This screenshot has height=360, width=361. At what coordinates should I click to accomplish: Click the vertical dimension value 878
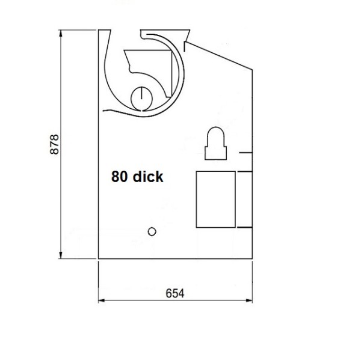[x=54, y=145]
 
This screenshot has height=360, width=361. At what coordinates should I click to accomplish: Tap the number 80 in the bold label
[x=118, y=177]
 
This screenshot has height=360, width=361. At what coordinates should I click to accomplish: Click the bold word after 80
[x=147, y=177]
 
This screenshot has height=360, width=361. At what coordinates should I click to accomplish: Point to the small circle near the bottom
[x=152, y=231]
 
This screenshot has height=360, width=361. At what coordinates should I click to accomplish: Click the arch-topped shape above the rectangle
[x=215, y=144]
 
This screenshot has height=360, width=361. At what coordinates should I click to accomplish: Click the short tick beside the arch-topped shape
[x=244, y=153]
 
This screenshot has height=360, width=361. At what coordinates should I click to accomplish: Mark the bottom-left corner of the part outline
[x=98, y=259]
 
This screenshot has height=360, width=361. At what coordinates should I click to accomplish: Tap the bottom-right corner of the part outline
[x=251, y=259]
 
